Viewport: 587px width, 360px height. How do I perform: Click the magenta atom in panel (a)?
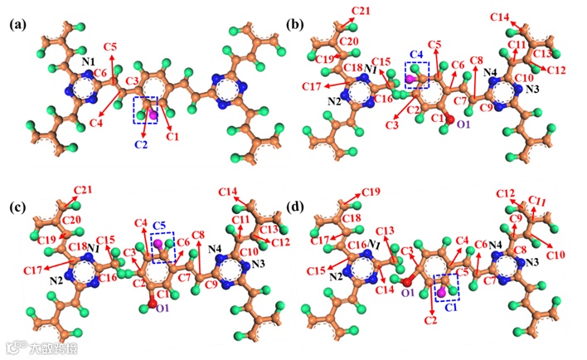coord(153,114)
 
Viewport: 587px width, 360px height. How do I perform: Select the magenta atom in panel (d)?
coord(443,291)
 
